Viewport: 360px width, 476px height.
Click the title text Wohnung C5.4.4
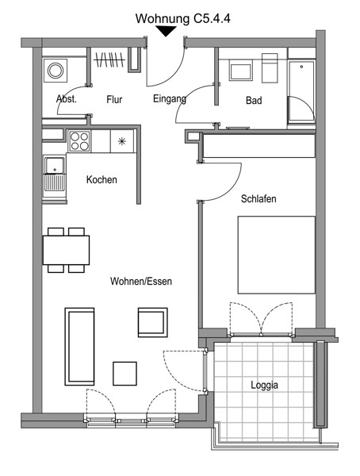(182, 18)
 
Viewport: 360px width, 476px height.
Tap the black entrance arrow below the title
(166, 31)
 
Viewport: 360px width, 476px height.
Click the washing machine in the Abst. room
(56, 71)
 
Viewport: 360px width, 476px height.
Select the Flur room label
(114, 99)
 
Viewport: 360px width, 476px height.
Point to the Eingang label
(170, 99)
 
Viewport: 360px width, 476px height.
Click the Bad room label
(254, 100)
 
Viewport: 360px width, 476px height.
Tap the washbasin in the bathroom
(241, 70)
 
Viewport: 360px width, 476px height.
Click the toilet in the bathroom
(270, 68)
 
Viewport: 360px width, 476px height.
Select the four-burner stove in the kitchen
(79, 141)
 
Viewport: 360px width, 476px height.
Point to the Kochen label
(101, 179)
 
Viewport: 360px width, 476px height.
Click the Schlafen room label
(259, 199)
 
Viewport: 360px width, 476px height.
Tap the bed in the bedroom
(276, 255)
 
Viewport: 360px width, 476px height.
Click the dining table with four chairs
(66, 250)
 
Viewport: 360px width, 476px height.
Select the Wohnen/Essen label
(141, 281)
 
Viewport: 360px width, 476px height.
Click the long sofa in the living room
(79, 347)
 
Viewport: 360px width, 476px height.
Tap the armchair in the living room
(153, 322)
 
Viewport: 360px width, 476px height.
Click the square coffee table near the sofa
(124, 374)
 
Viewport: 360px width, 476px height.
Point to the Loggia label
(264, 386)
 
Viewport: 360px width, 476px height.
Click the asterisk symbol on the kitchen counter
(122, 141)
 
